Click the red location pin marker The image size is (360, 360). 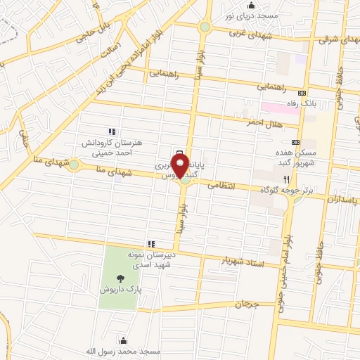click(x=184, y=165)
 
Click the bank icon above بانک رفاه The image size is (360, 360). click(x=303, y=93)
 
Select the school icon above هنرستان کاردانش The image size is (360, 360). click(x=110, y=131)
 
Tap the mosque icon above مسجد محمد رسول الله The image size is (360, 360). click(x=123, y=340)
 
